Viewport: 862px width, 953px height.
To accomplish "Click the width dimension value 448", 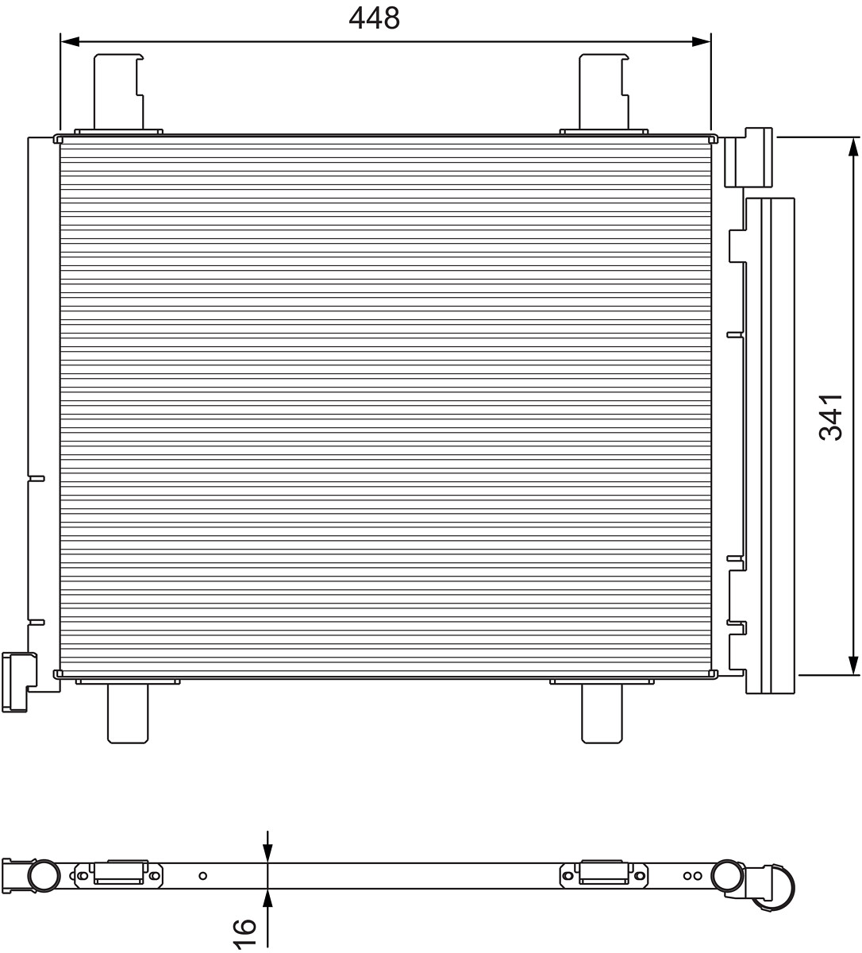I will coord(374,18).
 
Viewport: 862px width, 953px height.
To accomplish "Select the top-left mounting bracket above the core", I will coord(119,92).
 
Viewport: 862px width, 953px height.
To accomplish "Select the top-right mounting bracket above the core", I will coord(604,92).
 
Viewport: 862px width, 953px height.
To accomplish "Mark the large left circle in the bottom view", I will coord(44,875).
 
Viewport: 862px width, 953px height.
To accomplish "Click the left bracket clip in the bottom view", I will coord(121,872).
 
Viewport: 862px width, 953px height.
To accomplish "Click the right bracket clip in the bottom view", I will coord(605,872).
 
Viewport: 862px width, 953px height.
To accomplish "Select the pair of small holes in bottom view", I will coord(692,875).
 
